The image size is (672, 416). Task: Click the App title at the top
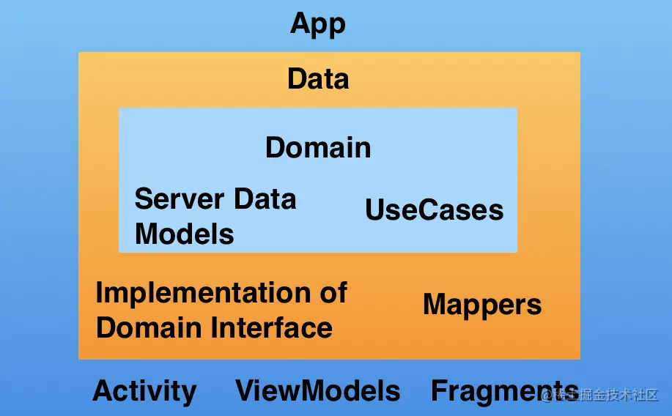(x=318, y=24)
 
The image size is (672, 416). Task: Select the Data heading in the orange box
(x=318, y=78)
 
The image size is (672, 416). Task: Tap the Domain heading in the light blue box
(x=318, y=148)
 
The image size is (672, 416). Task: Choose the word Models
(x=185, y=234)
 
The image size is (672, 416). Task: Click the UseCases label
(x=435, y=211)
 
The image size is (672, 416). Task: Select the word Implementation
(x=198, y=294)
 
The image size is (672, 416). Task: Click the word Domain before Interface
(x=149, y=327)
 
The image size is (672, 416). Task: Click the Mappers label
(x=482, y=305)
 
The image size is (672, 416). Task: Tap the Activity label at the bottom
(x=144, y=392)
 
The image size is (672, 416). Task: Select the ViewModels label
(x=318, y=391)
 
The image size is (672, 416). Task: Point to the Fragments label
(x=504, y=391)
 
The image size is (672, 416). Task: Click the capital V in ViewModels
(x=245, y=391)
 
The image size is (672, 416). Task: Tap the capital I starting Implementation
(x=100, y=293)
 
